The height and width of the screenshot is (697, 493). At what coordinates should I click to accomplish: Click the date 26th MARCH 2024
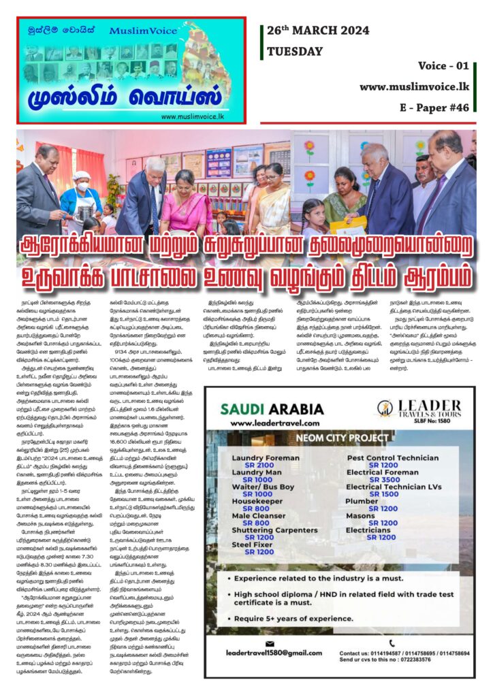pyautogui.click(x=318, y=31)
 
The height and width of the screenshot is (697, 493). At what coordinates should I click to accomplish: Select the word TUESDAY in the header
pyautogui.click(x=295, y=51)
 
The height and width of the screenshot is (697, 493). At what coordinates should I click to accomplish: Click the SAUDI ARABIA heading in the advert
pyautogui.click(x=272, y=409)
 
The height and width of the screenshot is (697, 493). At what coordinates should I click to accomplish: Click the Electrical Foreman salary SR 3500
pyautogui.click(x=383, y=479)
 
